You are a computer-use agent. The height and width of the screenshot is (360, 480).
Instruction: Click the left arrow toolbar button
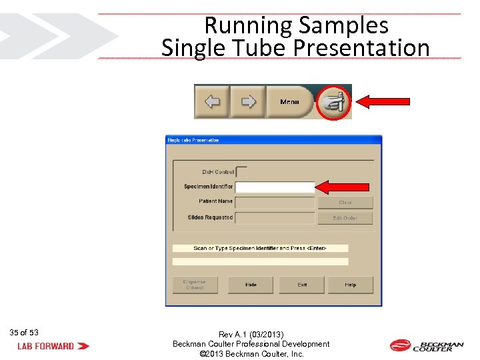(212, 102)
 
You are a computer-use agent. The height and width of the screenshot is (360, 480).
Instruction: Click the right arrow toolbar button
(248, 102)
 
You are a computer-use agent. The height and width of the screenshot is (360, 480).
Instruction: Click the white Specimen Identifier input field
(275, 187)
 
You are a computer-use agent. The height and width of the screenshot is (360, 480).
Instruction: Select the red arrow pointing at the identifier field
(343, 187)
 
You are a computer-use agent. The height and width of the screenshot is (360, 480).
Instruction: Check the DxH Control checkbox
(242, 172)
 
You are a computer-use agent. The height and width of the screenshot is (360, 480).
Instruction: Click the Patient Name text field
(275, 202)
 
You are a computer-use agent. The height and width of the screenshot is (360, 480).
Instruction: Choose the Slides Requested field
(275, 218)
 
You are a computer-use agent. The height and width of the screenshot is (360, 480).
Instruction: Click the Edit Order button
(345, 218)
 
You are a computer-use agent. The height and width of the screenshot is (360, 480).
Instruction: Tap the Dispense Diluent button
(195, 285)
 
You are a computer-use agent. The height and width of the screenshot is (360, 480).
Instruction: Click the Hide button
(251, 285)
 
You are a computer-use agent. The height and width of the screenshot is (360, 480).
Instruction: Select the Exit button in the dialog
(302, 285)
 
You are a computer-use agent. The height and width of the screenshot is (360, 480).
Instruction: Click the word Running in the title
(249, 25)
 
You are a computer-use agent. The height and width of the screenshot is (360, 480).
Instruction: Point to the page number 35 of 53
(24, 332)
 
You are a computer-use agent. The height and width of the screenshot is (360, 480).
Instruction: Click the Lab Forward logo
(53, 346)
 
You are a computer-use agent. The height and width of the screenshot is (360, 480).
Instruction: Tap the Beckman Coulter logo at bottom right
(427, 345)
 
